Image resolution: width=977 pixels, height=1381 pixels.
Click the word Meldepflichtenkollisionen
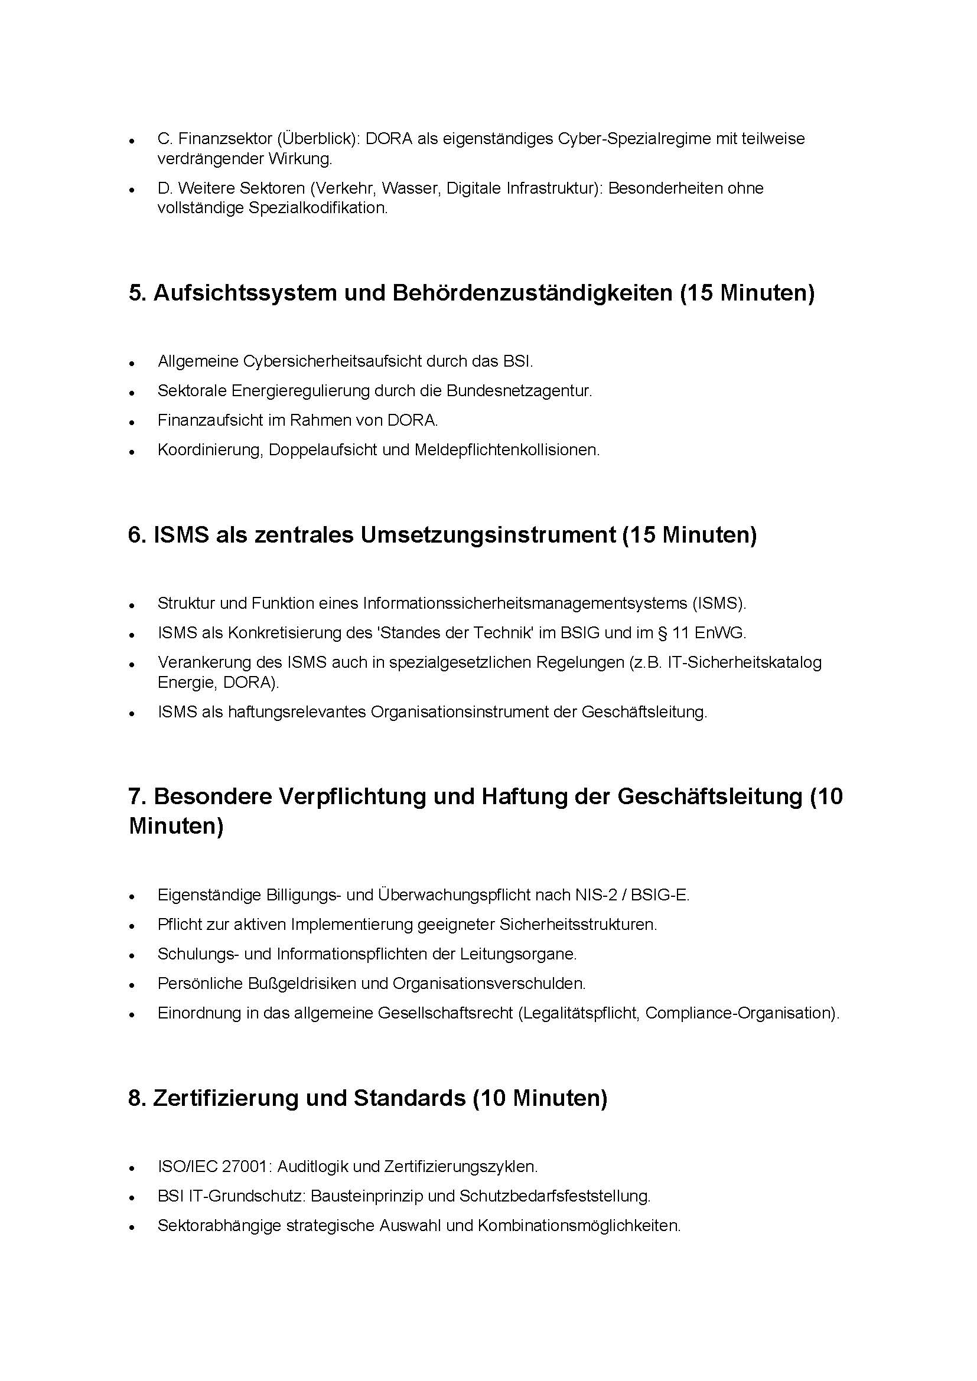click(x=507, y=450)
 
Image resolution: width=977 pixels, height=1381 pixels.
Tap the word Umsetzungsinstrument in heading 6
click(x=488, y=535)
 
